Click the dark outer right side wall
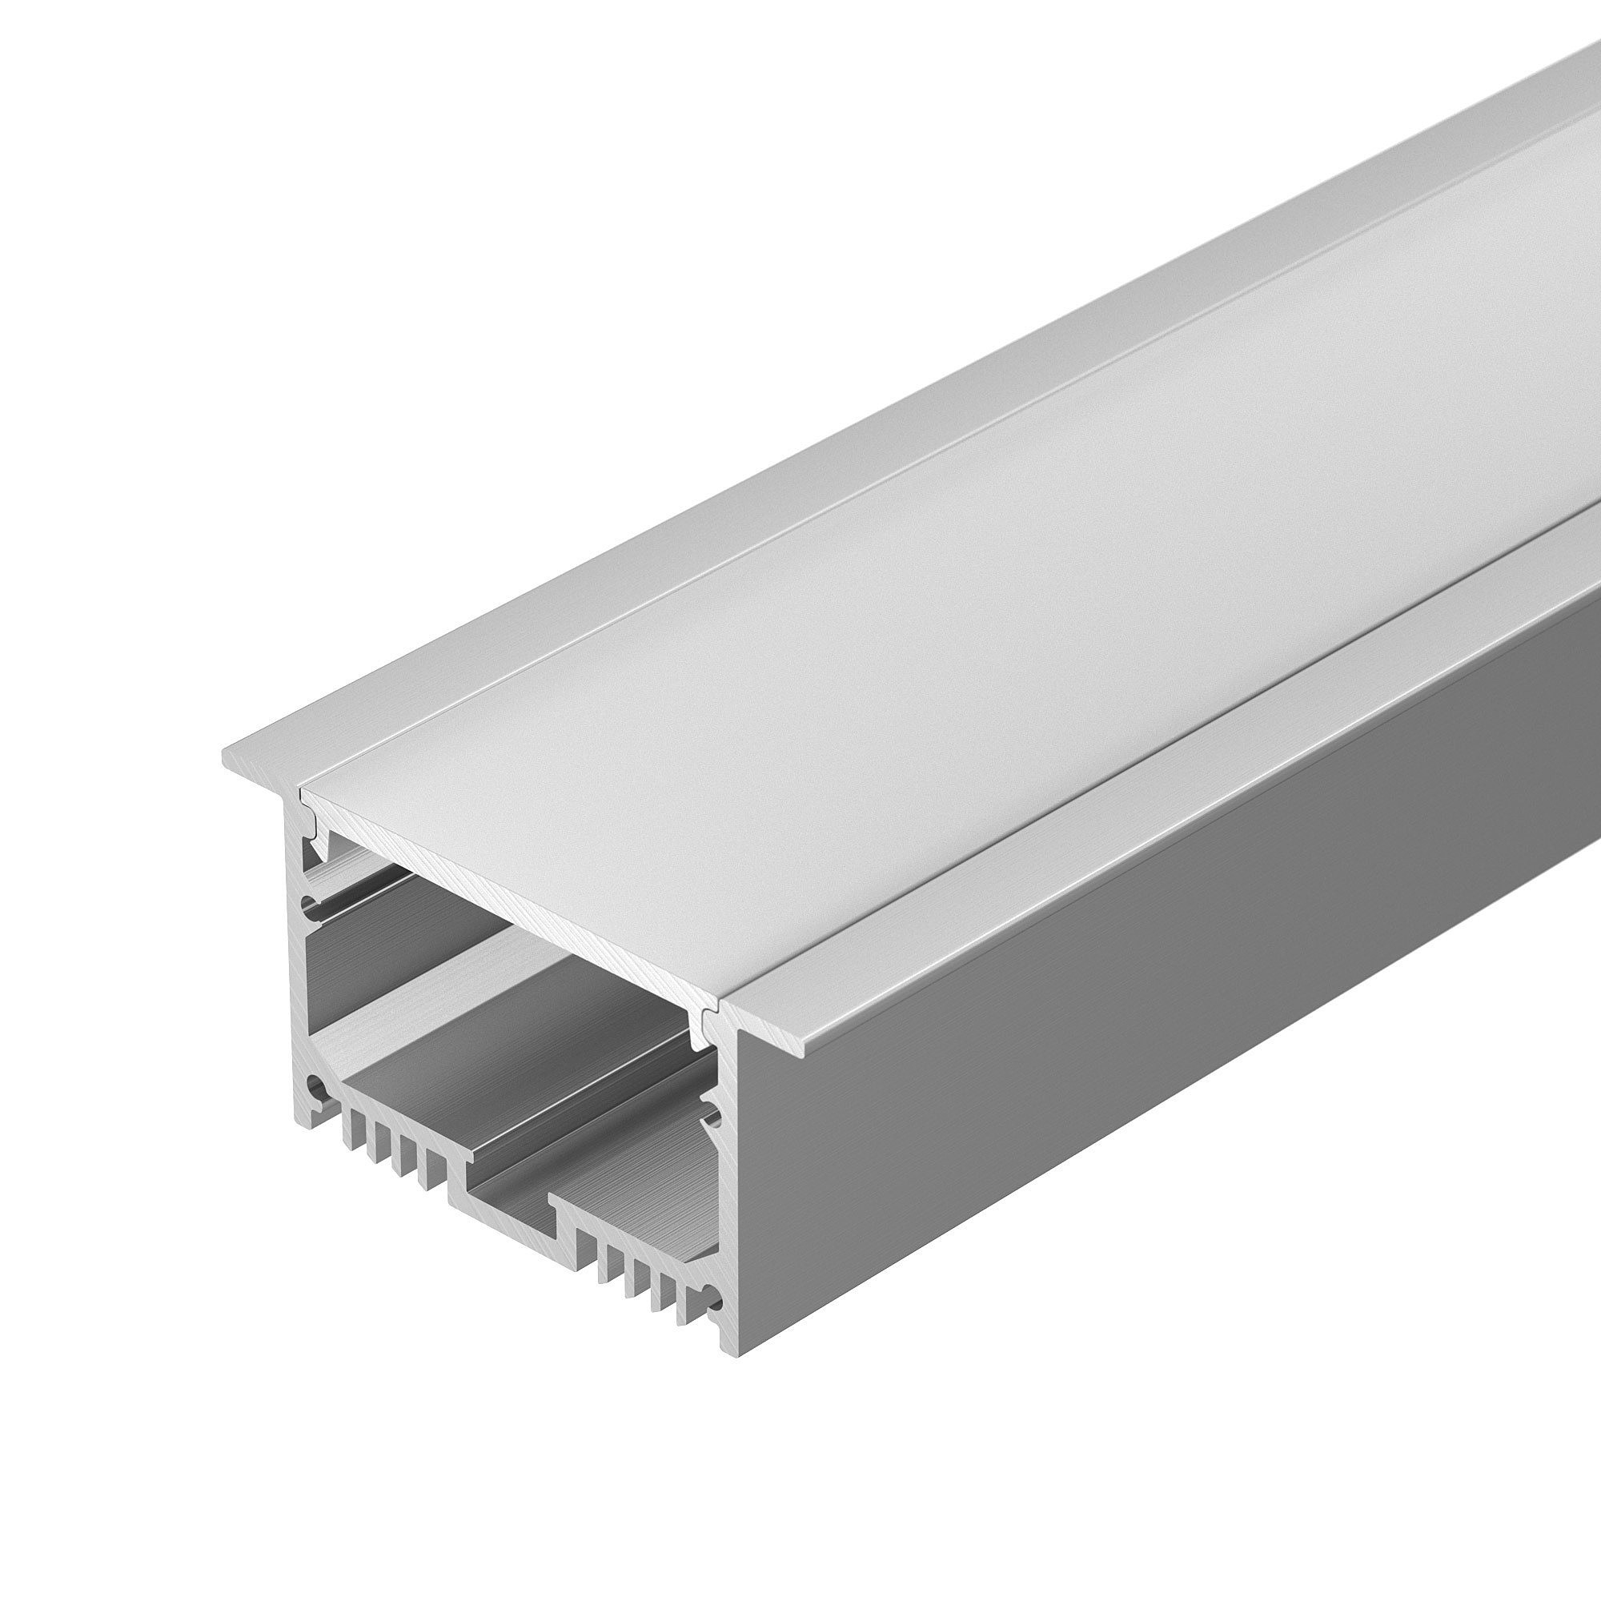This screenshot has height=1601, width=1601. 1160,1036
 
